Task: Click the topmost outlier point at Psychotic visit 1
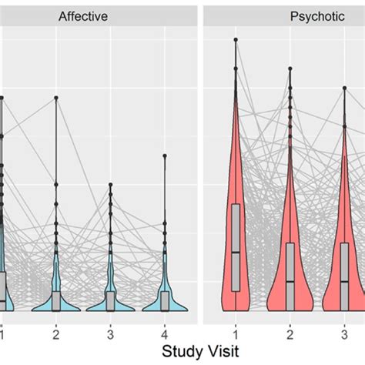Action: (236, 39)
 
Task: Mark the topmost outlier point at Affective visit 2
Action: (55, 98)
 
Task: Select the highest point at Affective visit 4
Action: (165, 156)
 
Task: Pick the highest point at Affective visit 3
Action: (110, 184)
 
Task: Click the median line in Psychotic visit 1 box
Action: (236, 252)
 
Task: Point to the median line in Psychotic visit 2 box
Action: (290, 279)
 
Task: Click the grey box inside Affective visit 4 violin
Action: (165, 300)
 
